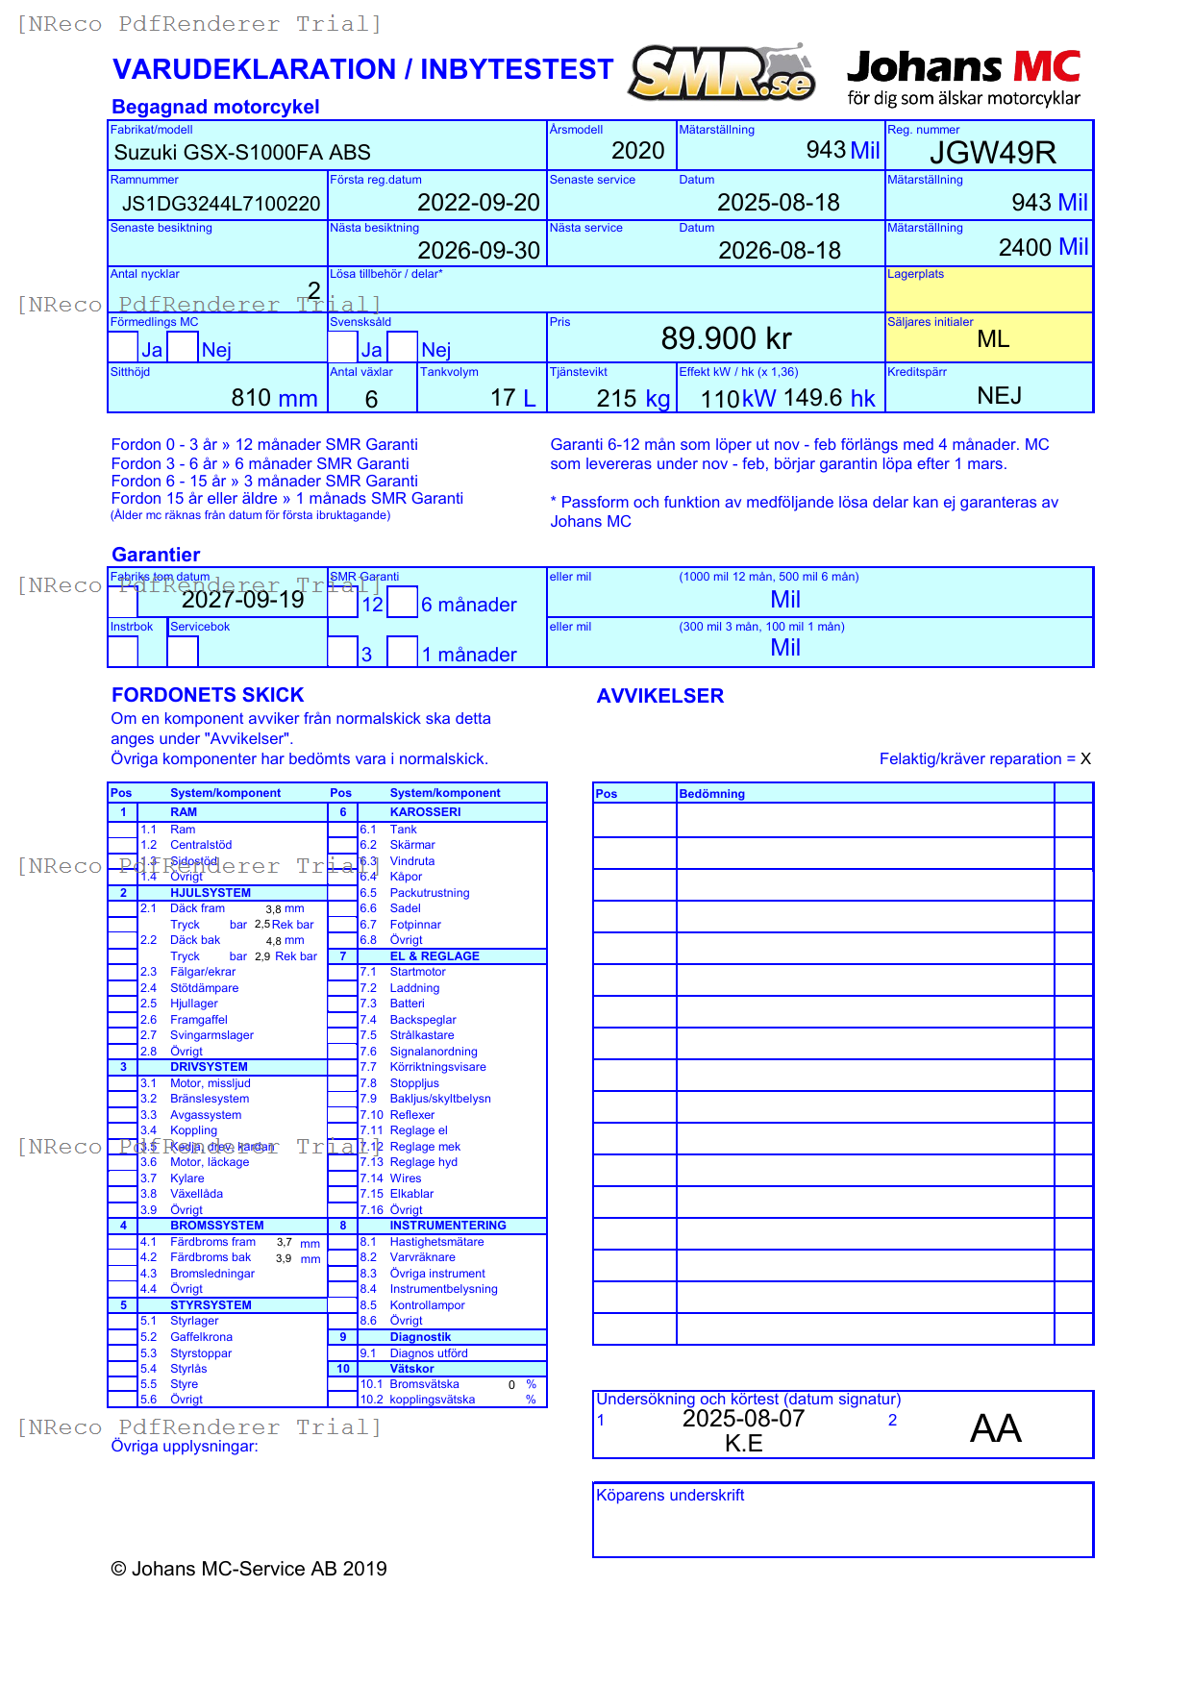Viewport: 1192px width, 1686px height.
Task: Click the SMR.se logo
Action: [722, 73]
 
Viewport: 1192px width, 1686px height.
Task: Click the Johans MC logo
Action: [963, 77]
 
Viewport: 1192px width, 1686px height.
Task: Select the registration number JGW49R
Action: [992, 153]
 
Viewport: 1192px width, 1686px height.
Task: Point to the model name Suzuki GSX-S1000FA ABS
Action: [242, 152]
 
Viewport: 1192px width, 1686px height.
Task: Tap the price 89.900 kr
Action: [726, 338]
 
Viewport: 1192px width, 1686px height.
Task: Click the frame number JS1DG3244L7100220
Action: [221, 203]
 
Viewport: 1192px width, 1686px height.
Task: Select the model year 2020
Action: [637, 151]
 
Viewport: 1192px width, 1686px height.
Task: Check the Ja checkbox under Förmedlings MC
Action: [123, 347]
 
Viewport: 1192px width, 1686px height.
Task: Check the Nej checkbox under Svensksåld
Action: [403, 347]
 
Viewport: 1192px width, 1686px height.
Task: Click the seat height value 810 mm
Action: [274, 398]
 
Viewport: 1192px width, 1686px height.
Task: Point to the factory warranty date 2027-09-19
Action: [243, 600]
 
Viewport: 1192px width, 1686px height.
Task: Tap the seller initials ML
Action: [992, 339]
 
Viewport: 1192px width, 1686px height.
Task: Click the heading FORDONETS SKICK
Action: [208, 695]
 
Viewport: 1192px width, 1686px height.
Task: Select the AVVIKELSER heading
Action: [659, 696]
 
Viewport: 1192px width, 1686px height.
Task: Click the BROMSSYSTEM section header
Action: [216, 1226]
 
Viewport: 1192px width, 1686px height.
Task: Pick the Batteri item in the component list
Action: [407, 1004]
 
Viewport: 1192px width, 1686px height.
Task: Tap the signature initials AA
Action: [995, 1428]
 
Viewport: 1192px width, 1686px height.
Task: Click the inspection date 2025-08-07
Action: [743, 1419]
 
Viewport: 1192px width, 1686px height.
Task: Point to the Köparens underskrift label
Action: [670, 1495]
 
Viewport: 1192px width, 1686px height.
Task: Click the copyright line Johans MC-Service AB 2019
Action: [249, 1569]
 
